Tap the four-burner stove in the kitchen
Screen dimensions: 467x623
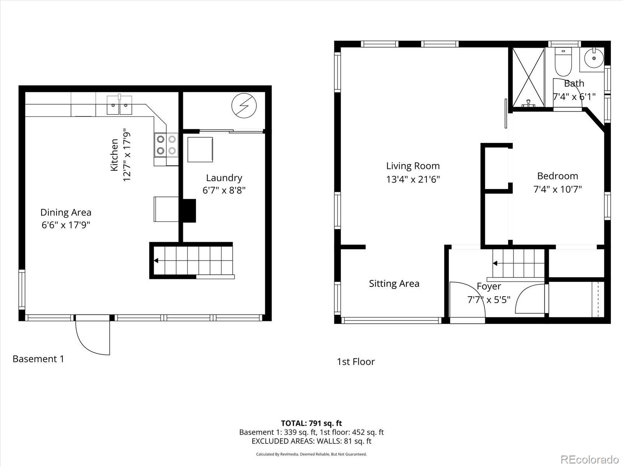(x=166, y=144)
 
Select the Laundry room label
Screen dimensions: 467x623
(x=224, y=178)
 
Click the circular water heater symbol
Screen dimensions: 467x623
(x=244, y=106)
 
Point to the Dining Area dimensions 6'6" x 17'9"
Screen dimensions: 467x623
(x=66, y=225)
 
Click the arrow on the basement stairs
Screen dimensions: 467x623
(x=156, y=261)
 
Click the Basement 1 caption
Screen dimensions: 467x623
(x=38, y=359)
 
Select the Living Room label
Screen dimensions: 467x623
(x=413, y=166)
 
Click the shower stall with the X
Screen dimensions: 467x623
(x=528, y=77)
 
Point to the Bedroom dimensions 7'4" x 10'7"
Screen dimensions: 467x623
(x=557, y=190)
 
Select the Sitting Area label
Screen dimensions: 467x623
(x=394, y=284)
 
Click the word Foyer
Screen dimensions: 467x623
(x=489, y=286)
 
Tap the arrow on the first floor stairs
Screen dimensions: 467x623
(x=495, y=263)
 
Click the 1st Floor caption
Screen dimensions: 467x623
(x=355, y=362)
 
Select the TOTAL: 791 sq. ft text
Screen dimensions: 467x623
(x=311, y=423)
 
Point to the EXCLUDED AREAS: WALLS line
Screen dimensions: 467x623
(x=311, y=441)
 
